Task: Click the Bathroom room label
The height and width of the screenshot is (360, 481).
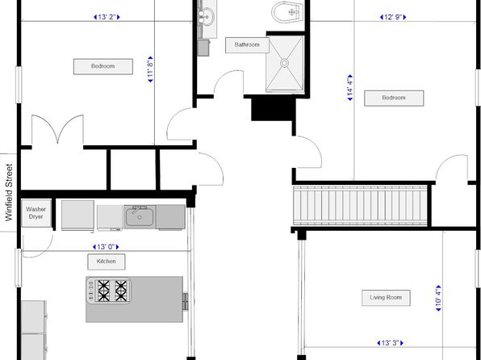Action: click(x=247, y=45)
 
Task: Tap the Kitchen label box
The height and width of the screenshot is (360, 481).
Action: click(x=107, y=262)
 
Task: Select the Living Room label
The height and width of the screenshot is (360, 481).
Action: click(x=386, y=298)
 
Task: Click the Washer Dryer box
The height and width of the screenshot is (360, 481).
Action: click(x=36, y=213)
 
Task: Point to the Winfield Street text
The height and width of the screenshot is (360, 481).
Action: click(x=9, y=192)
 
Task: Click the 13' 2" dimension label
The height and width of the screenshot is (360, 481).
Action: click(x=107, y=17)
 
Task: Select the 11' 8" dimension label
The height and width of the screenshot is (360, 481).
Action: click(x=150, y=69)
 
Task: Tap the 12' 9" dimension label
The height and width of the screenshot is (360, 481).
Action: click(x=393, y=17)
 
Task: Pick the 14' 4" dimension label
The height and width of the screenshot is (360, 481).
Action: click(x=349, y=87)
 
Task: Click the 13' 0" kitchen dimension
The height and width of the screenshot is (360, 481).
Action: click(x=106, y=247)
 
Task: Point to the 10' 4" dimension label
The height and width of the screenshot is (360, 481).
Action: click(x=439, y=298)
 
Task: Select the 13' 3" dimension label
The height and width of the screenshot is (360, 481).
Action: click(x=390, y=343)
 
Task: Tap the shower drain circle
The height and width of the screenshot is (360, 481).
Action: click(x=284, y=63)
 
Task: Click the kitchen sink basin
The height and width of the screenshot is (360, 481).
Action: click(x=140, y=216)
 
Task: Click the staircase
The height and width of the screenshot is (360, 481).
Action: click(x=361, y=206)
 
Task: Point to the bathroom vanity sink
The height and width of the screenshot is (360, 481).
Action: click(x=206, y=15)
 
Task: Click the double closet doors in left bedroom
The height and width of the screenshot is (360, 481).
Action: click(x=57, y=129)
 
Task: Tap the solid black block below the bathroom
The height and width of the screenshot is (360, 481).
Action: click(x=274, y=109)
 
